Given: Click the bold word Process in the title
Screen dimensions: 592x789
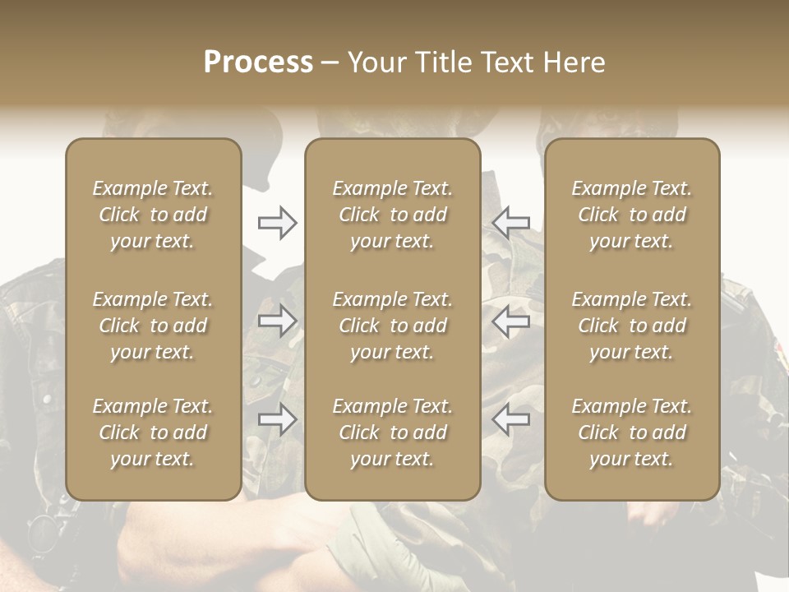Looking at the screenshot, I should pyautogui.click(x=258, y=62).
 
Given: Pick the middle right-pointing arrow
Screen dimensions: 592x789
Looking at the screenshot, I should pyautogui.click(x=277, y=321).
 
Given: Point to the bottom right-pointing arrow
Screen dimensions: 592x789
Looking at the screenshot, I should pyautogui.click(x=277, y=419).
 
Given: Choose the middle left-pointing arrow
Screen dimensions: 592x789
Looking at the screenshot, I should pyautogui.click(x=510, y=321).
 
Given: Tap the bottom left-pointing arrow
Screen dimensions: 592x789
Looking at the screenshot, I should pyautogui.click(x=510, y=419).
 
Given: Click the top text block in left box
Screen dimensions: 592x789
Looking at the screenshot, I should pyautogui.click(x=153, y=215).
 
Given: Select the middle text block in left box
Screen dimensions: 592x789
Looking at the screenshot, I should pyautogui.click(x=153, y=326).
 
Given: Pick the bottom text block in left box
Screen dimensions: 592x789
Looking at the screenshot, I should pyautogui.click(x=153, y=432).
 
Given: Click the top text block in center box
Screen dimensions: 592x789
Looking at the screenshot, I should pyautogui.click(x=392, y=215).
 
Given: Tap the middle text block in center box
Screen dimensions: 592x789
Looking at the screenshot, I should pyautogui.click(x=392, y=326).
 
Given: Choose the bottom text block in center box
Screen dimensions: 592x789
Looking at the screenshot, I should pyautogui.click(x=392, y=432).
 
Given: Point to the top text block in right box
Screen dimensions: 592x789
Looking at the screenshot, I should pyautogui.click(x=631, y=215).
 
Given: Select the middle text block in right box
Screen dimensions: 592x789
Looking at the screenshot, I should pyautogui.click(x=631, y=326).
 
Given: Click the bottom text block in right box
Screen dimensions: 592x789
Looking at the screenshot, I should pyautogui.click(x=631, y=432).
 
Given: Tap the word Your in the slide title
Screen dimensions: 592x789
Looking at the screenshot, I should pyautogui.click(x=374, y=62).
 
